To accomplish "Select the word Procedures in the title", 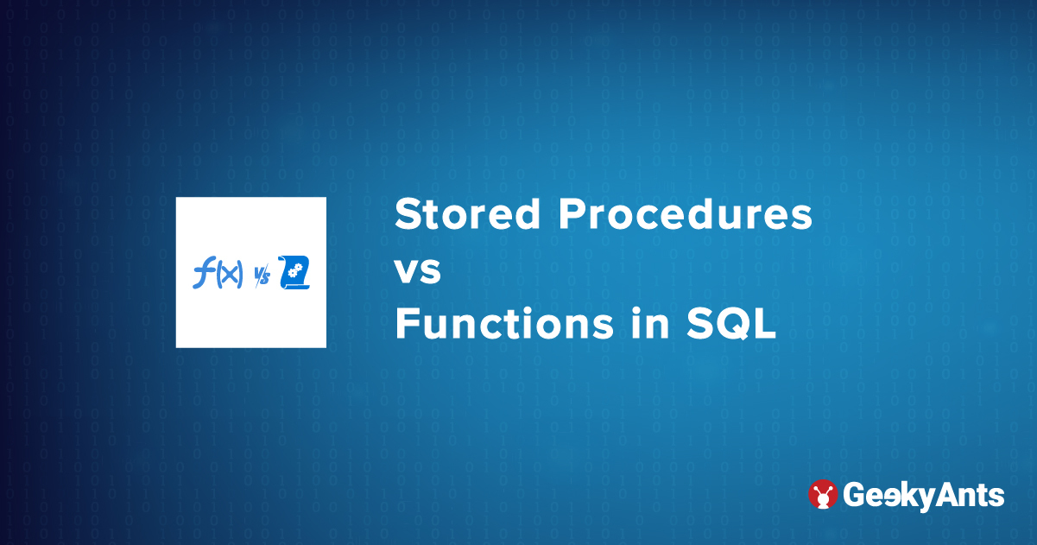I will pos(685,214).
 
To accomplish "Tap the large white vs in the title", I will pos(418,271).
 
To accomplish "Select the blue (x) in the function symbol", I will pos(230,276).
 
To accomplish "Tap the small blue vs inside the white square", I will pos(262,276).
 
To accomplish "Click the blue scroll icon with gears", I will pos(294,273).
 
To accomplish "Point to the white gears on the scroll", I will pos(296,272).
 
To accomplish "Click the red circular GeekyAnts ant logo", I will pos(823,494).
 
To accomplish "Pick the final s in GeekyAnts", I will pos(996,497).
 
